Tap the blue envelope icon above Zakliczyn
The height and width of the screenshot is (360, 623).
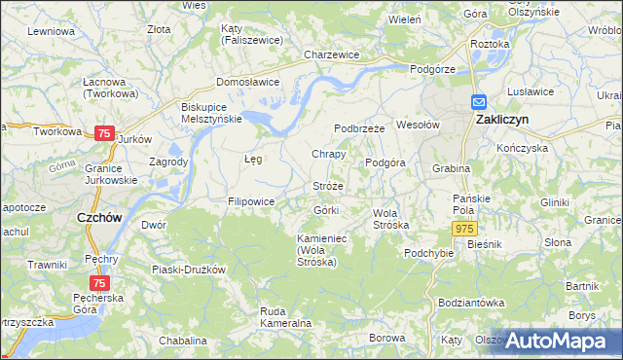(x=479, y=101)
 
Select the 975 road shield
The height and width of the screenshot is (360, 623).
(x=462, y=227)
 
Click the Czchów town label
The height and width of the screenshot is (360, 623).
(x=99, y=219)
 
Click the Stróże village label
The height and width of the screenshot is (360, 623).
(x=327, y=185)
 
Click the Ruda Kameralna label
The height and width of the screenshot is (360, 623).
(x=285, y=316)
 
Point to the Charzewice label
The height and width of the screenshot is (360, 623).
(x=332, y=55)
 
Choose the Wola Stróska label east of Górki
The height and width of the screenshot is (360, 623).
(x=391, y=218)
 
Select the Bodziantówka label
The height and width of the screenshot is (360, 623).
(x=471, y=303)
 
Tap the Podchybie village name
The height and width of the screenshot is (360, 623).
(x=429, y=253)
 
